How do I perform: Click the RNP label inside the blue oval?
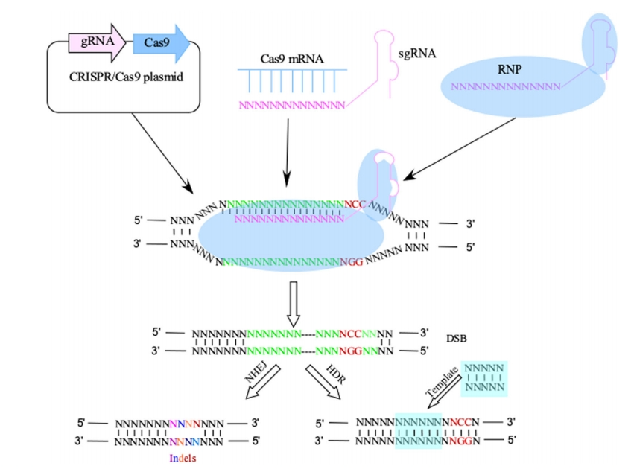click(514, 69)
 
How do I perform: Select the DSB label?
click(456, 339)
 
